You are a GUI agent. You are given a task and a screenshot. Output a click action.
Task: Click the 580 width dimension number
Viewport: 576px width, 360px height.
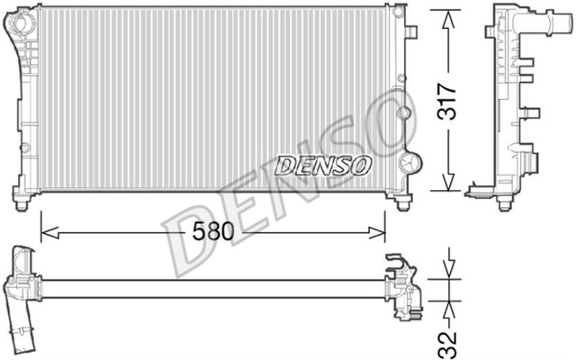(x=213, y=231)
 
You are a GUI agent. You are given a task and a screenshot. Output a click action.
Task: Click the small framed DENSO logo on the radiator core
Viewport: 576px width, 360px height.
(x=323, y=165)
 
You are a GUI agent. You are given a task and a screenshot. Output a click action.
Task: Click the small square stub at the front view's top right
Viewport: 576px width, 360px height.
(x=412, y=32)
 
